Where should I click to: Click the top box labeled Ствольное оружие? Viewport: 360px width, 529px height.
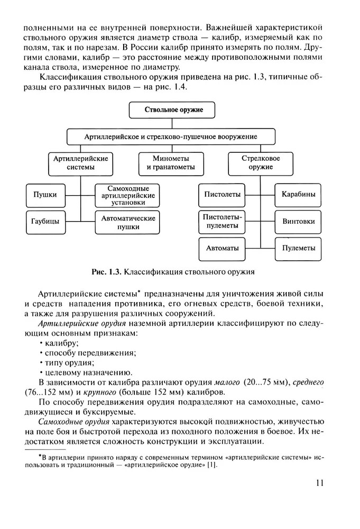(x=173, y=110)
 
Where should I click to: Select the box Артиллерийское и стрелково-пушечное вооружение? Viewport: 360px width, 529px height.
(x=171, y=136)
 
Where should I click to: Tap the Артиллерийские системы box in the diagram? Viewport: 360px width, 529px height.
(x=81, y=163)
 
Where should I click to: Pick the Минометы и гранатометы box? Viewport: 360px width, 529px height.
(x=171, y=163)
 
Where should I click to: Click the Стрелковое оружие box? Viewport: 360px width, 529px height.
(x=261, y=163)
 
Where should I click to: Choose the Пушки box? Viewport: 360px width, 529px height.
(x=42, y=194)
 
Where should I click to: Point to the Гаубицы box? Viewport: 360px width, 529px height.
(x=42, y=221)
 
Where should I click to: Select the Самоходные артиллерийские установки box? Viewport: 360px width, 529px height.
(x=126, y=195)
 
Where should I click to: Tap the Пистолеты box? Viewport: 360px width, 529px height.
(x=222, y=194)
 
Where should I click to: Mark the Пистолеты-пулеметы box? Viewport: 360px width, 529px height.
(x=222, y=222)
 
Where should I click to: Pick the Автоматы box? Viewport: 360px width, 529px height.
(x=222, y=248)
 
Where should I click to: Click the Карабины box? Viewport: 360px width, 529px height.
(x=298, y=194)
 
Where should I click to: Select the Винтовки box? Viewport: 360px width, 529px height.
(x=298, y=221)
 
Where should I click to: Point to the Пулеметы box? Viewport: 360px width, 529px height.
(x=298, y=248)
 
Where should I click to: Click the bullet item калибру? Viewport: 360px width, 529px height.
(x=62, y=343)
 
